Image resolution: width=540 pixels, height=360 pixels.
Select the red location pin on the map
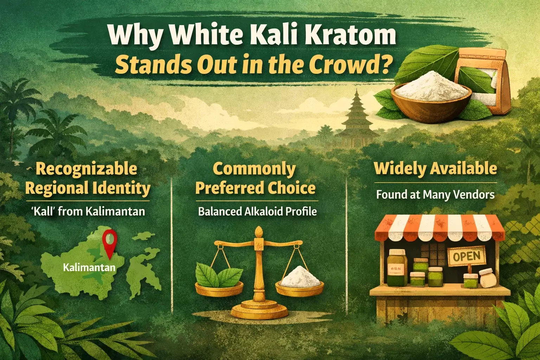[110, 244]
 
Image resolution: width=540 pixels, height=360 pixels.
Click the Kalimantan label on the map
[89, 268]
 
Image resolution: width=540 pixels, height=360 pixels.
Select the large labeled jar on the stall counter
[397, 268]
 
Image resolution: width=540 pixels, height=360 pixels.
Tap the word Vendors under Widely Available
[470, 194]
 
